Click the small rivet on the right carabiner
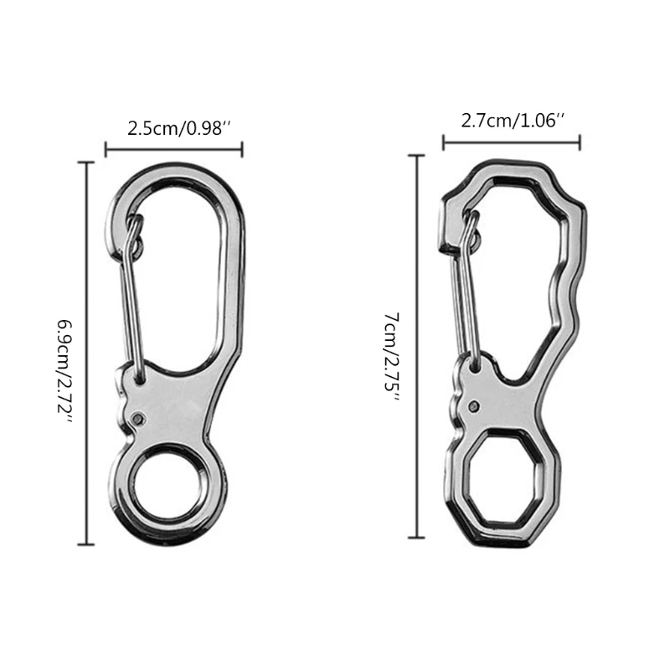[475, 406]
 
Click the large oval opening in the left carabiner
[180, 268]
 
